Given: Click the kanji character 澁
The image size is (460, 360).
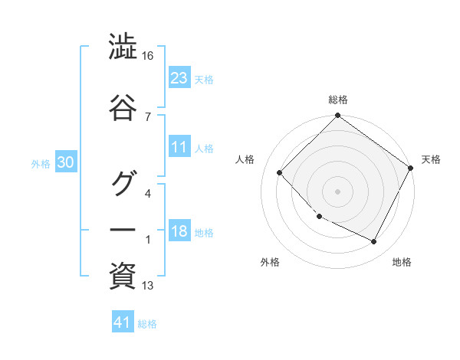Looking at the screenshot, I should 123,48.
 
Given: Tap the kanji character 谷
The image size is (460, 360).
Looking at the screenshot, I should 123,107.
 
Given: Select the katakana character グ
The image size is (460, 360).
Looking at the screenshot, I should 123,184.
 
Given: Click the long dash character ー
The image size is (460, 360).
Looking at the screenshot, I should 123,230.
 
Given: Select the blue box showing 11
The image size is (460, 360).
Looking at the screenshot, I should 179,148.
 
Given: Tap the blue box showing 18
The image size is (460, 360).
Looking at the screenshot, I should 179,232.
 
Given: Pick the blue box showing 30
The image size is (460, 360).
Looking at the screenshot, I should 65,162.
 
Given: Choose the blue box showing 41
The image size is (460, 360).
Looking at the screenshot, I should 123,323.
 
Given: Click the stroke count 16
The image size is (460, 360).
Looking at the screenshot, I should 149,57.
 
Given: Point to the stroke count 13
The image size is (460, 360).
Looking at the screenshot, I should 148,286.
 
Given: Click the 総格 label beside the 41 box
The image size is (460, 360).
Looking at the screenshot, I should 147,324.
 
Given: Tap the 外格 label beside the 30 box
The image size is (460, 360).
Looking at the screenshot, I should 41,163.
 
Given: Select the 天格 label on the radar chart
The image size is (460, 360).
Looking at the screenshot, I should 431,159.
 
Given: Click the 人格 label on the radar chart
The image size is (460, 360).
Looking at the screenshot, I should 245,159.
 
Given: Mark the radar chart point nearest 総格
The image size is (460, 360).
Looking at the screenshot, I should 337,116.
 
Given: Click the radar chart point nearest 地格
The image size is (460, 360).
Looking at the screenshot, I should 374,242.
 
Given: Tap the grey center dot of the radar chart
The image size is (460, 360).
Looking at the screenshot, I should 337,191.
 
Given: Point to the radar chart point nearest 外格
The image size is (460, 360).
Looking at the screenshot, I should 319,217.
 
